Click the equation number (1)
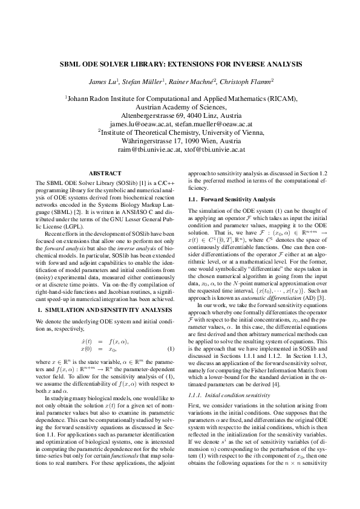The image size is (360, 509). [171, 349]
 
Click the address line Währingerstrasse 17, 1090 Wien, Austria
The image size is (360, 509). [180, 140]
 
